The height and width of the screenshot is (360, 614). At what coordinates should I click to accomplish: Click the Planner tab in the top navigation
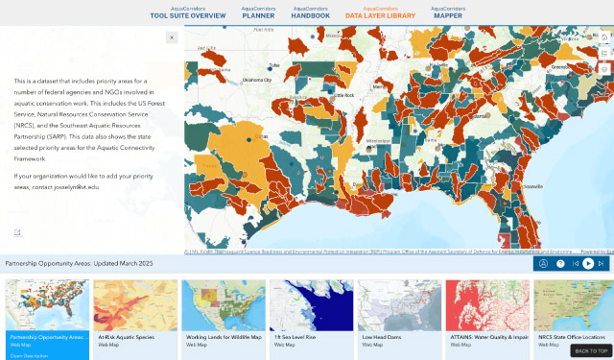(258, 12)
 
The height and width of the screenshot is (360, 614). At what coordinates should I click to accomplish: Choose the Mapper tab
(447, 12)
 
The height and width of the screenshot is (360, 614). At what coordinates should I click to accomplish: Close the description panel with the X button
(172, 37)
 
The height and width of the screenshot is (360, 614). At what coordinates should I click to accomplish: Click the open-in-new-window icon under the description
(17, 231)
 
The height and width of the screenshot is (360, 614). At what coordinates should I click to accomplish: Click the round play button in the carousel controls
(588, 263)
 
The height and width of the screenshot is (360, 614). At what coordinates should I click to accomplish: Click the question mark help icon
(560, 263)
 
